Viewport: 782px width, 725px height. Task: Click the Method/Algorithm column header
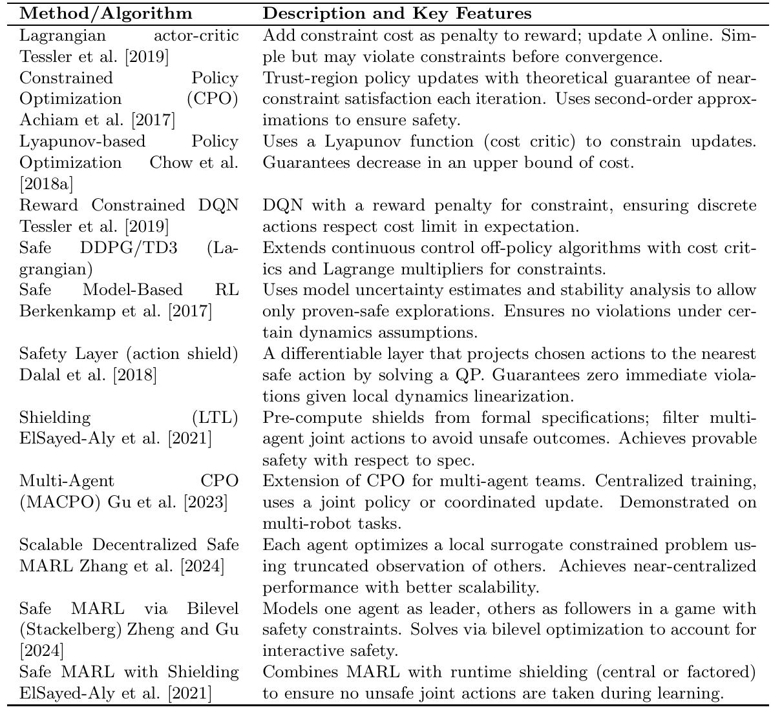click(x=105, y=14)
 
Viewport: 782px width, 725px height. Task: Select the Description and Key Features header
click(x=397, y=14)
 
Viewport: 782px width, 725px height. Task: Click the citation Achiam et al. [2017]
click(x=98, y=120)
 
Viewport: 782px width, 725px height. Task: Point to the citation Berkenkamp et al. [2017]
click(x=116, y=311)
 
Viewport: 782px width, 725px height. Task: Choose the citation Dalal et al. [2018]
click(x=89, y=375)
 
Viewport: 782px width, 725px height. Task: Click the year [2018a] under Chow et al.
click(x=46, y=184)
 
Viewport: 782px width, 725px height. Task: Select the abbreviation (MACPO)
click(x=52, y=502)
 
